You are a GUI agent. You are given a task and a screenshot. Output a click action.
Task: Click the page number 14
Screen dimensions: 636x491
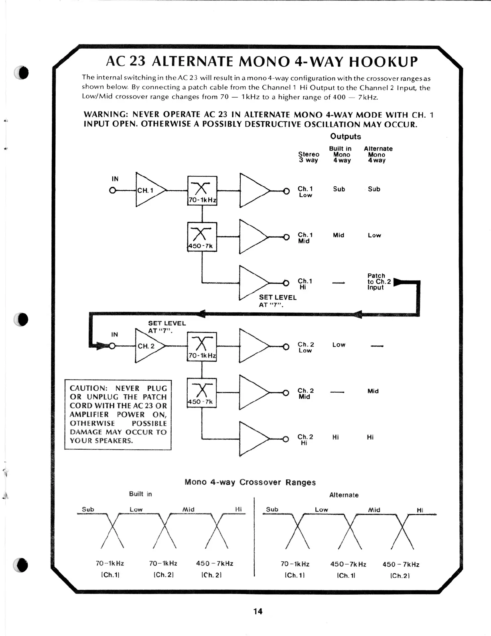click(258, 611)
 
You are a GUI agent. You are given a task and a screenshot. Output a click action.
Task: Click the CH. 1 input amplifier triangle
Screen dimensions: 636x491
click(149, 190)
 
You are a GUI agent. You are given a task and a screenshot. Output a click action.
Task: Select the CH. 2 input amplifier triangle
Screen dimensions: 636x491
click(149, 346)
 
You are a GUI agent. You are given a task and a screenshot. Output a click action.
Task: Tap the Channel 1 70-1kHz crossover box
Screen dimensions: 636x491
click(202, 191)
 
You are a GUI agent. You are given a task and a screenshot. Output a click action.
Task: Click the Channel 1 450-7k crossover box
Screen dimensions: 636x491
click(202, 237)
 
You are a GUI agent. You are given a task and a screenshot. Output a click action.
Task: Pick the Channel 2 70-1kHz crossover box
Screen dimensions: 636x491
click(202, 347)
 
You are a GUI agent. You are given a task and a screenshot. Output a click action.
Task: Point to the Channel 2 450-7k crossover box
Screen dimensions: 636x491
click(202, 393)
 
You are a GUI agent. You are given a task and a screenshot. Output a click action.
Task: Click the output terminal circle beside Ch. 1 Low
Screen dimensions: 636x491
click(286, 191)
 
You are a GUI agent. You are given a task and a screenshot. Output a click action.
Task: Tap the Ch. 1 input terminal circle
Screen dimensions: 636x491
click(113, 190)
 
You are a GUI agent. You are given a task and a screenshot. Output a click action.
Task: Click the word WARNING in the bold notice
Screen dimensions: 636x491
click(105, 115)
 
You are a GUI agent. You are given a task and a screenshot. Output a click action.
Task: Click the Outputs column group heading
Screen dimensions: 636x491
click(345, 137)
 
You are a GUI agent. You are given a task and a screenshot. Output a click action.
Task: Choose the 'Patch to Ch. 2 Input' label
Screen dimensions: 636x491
click(379, 281)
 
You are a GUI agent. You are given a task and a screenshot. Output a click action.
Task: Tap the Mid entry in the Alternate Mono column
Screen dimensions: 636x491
click(373, 391)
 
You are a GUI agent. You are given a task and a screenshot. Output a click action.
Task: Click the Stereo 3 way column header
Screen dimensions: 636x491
click(308, 157)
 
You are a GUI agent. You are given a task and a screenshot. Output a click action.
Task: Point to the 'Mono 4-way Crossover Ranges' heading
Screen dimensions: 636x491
click(250, 482)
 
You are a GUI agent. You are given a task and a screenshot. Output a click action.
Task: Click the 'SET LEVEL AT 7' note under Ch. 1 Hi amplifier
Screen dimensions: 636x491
click(278, 301)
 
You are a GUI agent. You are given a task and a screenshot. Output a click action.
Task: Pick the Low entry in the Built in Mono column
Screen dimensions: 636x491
click(339, 345)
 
